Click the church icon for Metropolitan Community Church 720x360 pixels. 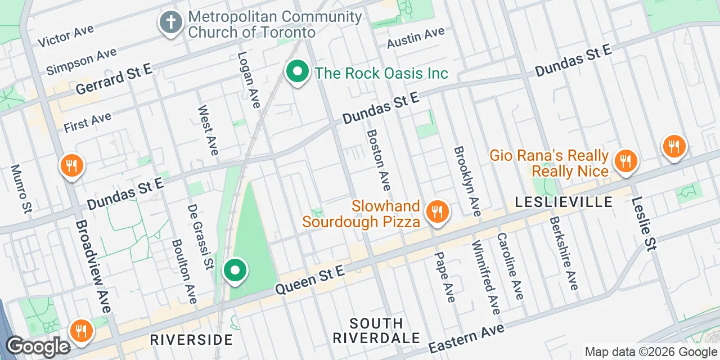[x=169, y=23]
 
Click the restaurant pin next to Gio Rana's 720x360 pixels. [x=625, y=161]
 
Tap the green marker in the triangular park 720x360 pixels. [x=235, y=271]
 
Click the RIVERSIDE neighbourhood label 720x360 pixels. [x=191, y=340]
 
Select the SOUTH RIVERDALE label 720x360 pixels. [x=376, y=331]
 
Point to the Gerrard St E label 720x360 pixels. [x=114, y=79]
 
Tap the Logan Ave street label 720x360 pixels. [x=249, y=79]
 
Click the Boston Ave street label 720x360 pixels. [x=379, y=160]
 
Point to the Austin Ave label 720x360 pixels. [x=416, y=38]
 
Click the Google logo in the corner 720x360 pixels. [x=38, y=346]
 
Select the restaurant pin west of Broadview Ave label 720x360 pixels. [x=72, y=166]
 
